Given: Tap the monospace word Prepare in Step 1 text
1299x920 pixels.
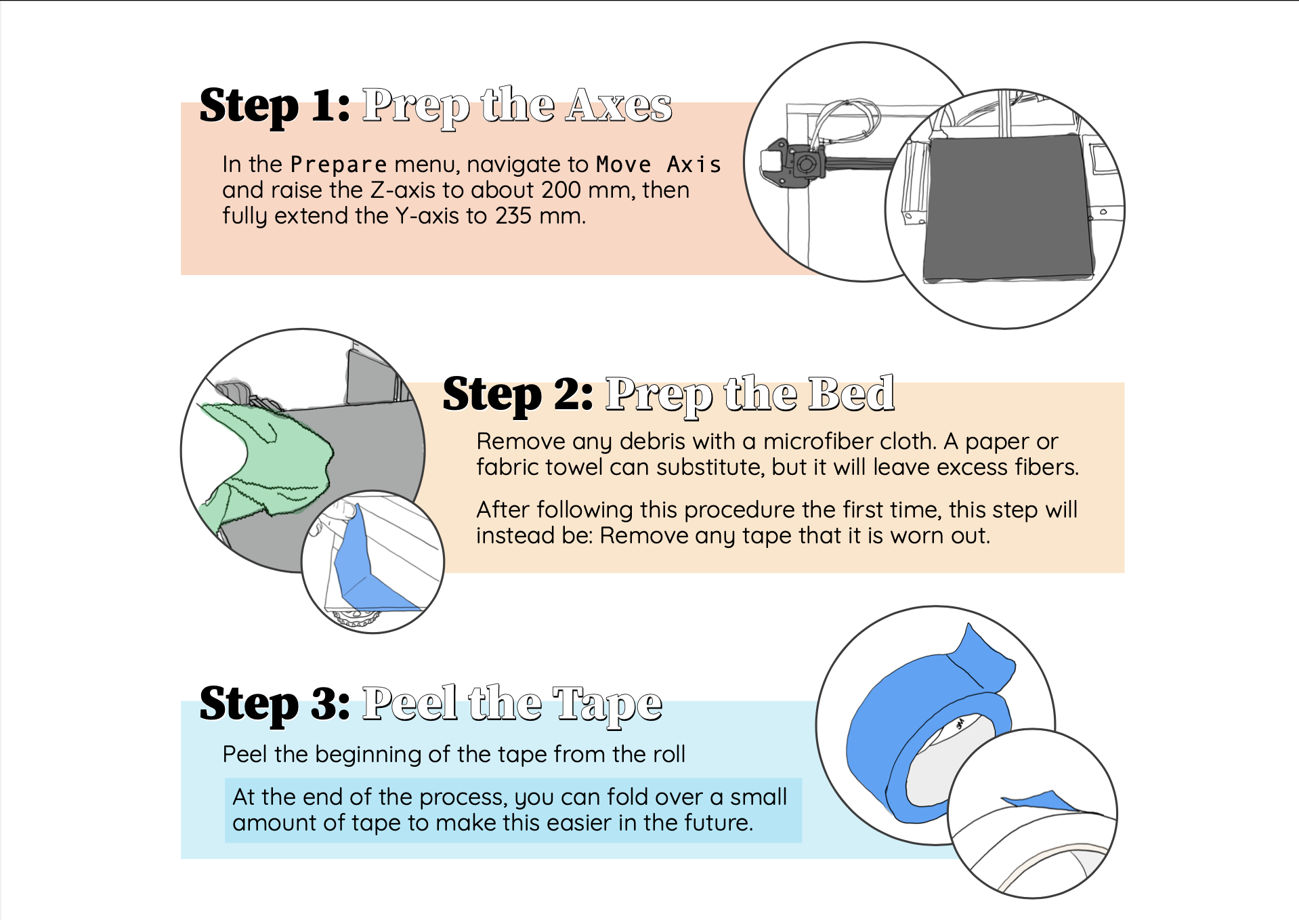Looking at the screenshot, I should pyautogui.click(x=338, y=165).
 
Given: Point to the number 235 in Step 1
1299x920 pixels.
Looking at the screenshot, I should pyautogui.click(x=513, y=216).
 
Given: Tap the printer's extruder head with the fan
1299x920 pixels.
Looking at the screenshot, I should pyautogui.click(x=799, y=163).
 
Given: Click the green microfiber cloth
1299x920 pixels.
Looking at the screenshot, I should pyautogui.click(x=271, y=461).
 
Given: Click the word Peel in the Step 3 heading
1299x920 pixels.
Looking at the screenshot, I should pyautogui.click(x=409, y=705).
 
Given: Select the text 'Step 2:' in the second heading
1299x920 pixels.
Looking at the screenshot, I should pyautogui.click(x=517, y=394).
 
